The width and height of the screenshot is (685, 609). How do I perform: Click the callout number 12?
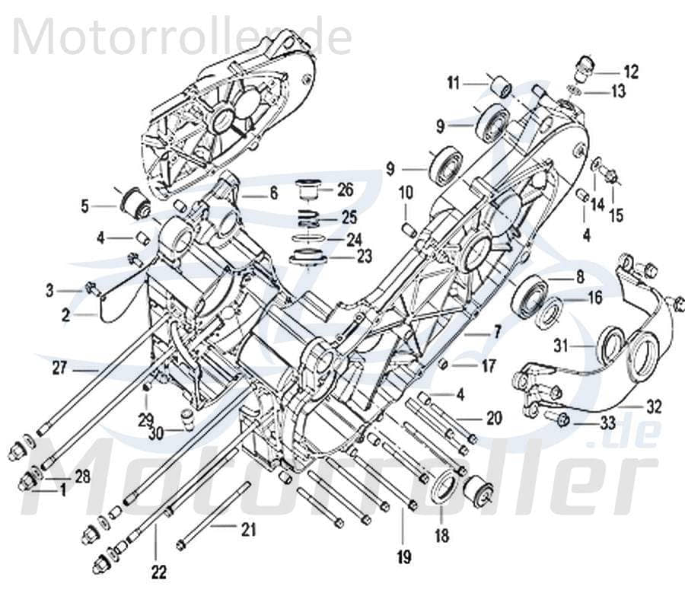631,73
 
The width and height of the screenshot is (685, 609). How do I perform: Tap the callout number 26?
346,189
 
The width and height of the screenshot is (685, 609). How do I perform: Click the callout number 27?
60,369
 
